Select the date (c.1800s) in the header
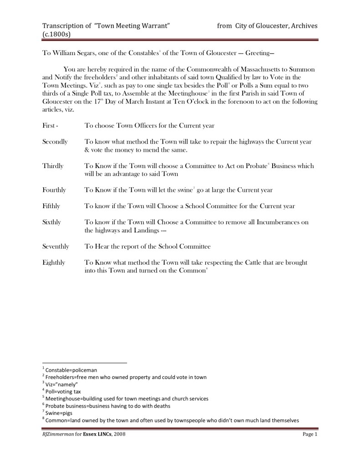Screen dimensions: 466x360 point(56,34)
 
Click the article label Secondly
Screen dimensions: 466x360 point(55,142)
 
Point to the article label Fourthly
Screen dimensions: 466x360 point(54,189)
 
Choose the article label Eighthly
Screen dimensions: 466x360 point(54,262)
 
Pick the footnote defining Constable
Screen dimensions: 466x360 point(71,370)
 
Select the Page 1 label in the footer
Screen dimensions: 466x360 point(309,435)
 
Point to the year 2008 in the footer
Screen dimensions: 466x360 point(118,435)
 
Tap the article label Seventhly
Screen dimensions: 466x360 point(56,246)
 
